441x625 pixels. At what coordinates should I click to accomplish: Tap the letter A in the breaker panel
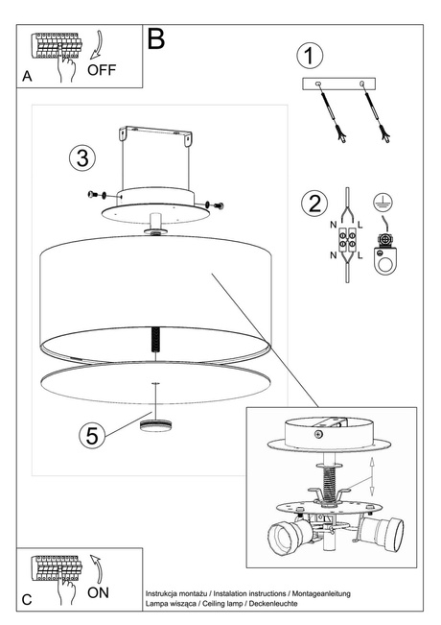27,75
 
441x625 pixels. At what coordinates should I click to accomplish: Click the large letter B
156,39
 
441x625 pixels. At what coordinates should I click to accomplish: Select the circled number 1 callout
306,56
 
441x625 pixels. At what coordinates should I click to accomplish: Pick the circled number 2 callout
311,204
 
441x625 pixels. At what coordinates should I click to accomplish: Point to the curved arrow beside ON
96,566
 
